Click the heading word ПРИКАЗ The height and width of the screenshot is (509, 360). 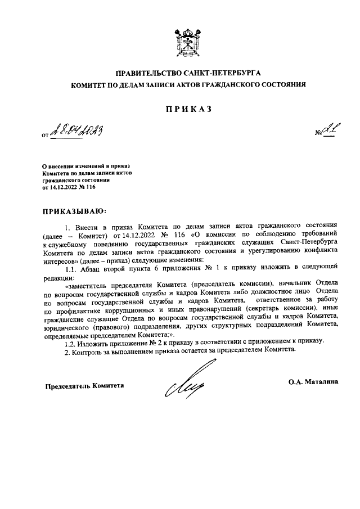coord(180,109)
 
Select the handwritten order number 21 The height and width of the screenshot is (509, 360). coord(326,132)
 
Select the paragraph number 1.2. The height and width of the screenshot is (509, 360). coord(71,341)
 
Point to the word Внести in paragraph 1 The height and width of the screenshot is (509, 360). coord(87,226)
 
